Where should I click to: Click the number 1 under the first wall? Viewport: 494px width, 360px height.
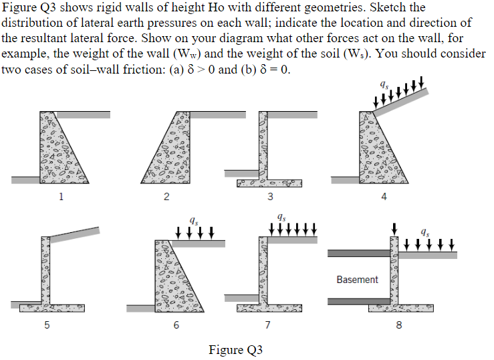click(61, 197)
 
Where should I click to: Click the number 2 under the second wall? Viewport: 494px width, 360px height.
click(166, 197)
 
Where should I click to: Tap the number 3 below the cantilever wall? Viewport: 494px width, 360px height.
click(269, 197)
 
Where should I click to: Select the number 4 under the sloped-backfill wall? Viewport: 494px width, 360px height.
click(384, 197)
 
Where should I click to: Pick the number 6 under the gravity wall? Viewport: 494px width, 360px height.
click(176, 325)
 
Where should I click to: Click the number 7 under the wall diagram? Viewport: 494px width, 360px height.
click(267, 325)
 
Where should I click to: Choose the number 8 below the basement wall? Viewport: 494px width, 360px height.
click(399, 325)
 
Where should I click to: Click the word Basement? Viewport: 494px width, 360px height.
click(357, 279)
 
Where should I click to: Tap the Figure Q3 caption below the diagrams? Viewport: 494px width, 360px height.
click(235, 349)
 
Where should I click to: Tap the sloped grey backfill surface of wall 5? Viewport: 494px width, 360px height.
click(73, 234)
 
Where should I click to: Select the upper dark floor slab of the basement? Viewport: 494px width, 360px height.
click(358, 254)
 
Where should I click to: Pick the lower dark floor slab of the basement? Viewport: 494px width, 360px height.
click(358, 301)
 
